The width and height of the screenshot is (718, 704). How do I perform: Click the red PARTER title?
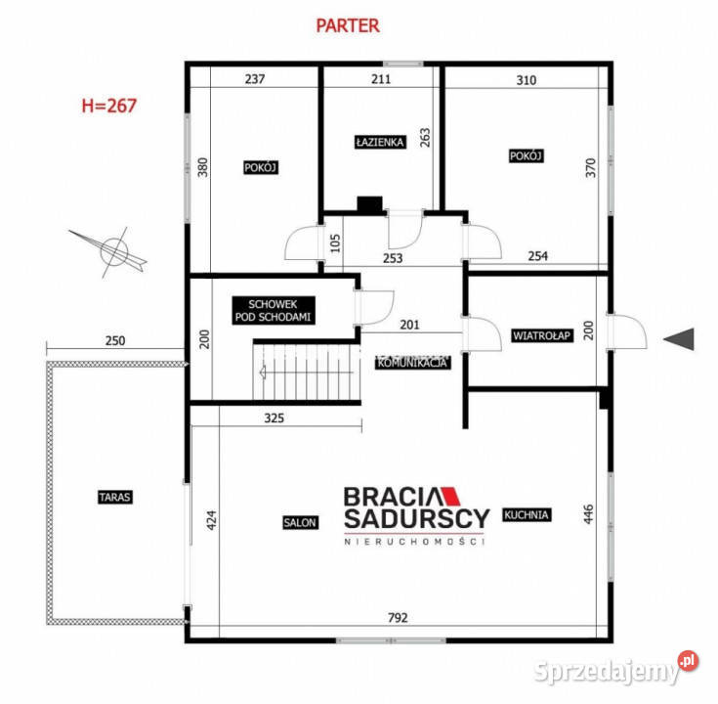point(348,25)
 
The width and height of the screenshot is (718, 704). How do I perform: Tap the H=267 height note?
point(109,106)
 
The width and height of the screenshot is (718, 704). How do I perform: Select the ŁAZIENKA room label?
point(380,142)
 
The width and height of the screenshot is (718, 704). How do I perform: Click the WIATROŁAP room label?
point(542,335)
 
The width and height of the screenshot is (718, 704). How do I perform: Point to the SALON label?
point(300,522)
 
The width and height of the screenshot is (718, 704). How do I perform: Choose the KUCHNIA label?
point(527,514)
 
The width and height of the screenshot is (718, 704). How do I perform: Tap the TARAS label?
point(115,497)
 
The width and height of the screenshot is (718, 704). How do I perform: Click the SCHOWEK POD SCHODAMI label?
point(274,310)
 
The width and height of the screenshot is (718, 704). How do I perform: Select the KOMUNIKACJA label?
point(412,363)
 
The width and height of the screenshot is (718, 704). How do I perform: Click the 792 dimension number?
point(398,618)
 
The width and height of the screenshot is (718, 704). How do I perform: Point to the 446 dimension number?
point(588,513)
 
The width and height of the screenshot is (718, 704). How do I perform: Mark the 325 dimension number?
point(274,418)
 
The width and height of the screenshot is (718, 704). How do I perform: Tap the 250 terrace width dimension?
point(115,340)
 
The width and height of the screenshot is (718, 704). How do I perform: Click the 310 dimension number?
point(527,80)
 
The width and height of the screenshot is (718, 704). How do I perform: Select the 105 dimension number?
point(335,243)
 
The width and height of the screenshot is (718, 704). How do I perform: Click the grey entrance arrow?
point(679,339)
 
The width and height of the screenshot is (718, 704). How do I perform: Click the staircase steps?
point(307,373)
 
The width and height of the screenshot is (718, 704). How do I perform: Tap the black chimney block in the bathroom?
point(369,205)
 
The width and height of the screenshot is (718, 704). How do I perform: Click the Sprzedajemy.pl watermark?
point(615,669)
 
